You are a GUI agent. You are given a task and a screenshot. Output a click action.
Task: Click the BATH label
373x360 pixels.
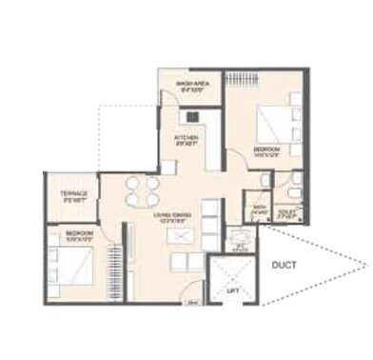pos(259,205)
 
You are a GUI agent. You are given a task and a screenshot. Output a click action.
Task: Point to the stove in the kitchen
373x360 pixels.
pos(192,116)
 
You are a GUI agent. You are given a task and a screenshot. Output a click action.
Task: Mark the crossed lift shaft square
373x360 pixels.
pos(233,278)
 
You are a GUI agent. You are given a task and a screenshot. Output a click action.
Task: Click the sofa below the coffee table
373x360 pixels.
pos(175,260)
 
